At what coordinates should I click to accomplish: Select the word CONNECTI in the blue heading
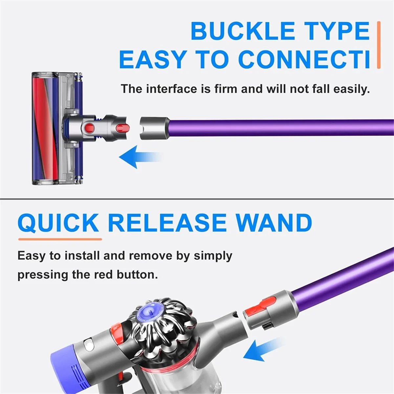coord(304,60)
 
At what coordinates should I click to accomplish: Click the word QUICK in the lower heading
coord(58,223)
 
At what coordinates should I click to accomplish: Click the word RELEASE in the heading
coord(167,223)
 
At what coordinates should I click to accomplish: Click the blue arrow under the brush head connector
coord(138,157)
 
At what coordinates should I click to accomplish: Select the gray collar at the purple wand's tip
coord(154,128)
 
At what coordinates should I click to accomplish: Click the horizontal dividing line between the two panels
coord(197,199)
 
